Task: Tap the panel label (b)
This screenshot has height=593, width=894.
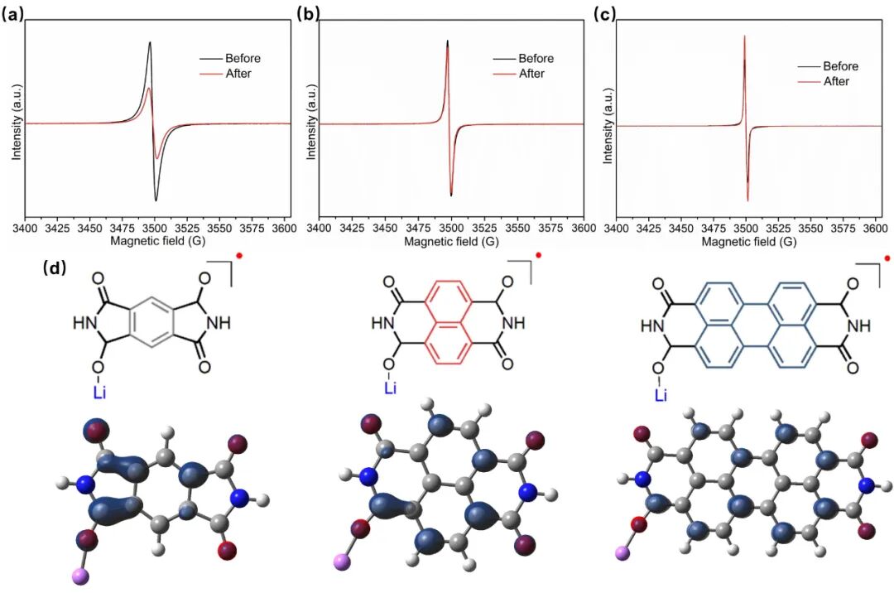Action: (307, 12)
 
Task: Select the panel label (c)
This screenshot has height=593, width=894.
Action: (602, 12)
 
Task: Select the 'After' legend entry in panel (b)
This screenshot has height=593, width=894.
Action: (531, 74)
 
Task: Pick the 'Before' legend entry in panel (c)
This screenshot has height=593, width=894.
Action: (840, 66)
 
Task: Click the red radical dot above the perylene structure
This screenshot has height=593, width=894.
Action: (887, 259)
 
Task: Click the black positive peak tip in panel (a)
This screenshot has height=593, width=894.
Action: (150, 42)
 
